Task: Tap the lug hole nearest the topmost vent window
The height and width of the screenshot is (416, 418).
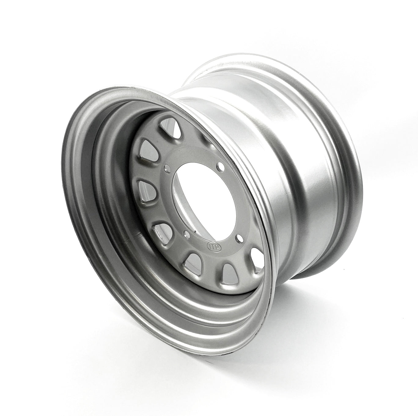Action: point(167,167)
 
